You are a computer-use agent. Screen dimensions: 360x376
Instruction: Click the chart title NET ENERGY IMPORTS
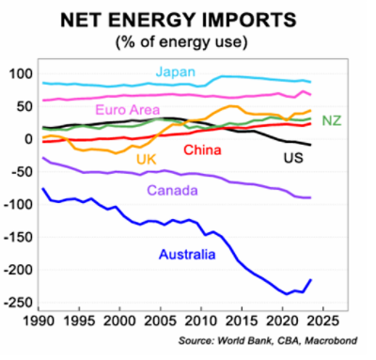[x=187, y=19]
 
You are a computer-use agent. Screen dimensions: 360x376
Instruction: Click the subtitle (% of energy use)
[x=187, y=41]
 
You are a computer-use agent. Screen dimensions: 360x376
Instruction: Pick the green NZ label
[x=331, y=120]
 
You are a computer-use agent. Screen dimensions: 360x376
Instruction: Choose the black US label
[x=293, y=158]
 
